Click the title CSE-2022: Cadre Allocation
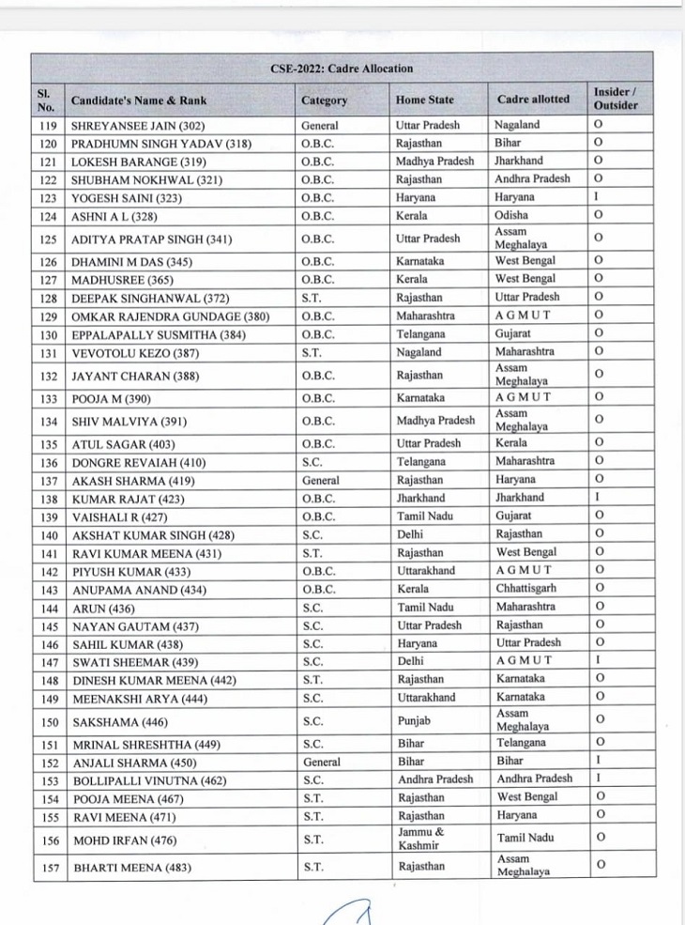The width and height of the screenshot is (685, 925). [x=342, y=69]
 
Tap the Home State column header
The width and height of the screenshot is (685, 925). [x=424, y=100]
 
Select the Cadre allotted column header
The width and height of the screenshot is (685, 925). [x=533, y=99]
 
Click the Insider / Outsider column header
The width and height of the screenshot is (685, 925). [x=615, y=99]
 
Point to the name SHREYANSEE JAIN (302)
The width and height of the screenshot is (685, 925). [x=138, y=126]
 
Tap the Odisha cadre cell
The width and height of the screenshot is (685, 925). [x=512, y=215]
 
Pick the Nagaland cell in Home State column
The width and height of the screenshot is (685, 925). [x=419, y=352]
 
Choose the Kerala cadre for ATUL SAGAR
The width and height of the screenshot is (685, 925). [x=511, y=442]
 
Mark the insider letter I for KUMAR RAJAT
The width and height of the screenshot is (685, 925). [x=597, y=498]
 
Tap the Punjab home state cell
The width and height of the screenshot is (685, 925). [x=414, y=720]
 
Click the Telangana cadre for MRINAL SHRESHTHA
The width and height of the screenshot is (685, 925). [x=521, y=743]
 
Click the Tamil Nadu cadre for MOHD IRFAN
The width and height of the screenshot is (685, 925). [x=525, y=838]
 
